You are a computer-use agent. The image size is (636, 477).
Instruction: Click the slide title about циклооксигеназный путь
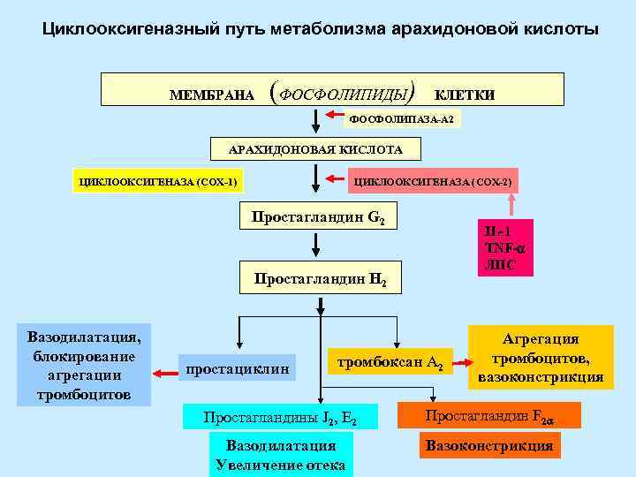(321, 29)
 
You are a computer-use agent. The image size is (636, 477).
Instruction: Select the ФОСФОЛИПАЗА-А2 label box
(403, 117)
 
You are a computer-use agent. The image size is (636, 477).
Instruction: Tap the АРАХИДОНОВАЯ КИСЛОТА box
(315, 149)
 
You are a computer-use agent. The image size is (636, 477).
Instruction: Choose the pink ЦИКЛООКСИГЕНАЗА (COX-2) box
(432, 183)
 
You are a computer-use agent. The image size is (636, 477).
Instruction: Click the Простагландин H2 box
(321, 279)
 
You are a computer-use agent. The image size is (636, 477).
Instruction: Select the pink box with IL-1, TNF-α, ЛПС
(505, 247)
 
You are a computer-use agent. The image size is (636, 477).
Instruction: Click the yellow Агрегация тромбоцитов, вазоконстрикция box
(541, 358)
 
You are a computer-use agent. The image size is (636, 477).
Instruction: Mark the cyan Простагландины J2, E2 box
(280, 417)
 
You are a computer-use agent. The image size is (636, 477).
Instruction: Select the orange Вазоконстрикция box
(489, 446)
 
